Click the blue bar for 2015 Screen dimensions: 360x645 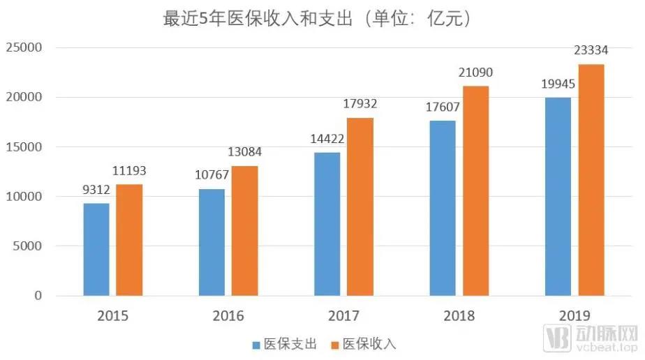coord(96,249)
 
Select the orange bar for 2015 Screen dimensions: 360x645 coord(129,240)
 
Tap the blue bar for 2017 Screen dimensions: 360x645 coord(327,224)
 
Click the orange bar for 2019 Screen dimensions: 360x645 coord(591,180)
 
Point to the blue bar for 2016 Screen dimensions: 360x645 coord(212,242)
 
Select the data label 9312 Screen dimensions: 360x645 coord(96,191)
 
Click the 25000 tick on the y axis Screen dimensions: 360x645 coord(24,48)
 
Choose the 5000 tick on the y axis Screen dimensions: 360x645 coord(28,246)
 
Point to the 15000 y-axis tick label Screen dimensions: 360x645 coord(24,147)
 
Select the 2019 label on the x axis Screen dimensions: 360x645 coord(574,316)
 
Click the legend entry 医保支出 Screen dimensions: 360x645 coord(286,344)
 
